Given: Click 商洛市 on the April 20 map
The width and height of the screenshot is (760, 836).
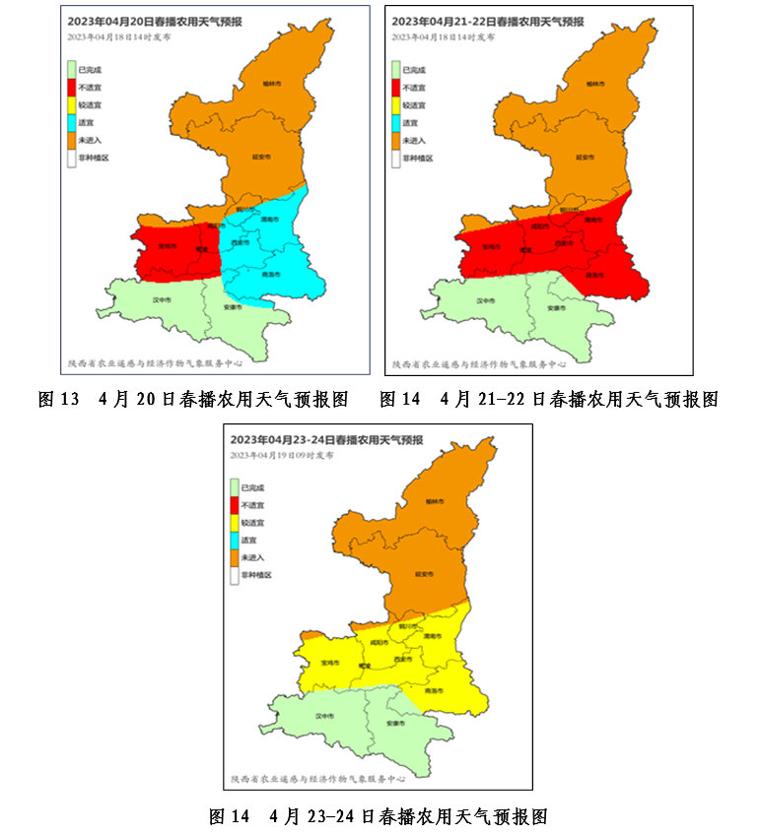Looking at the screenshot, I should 273,275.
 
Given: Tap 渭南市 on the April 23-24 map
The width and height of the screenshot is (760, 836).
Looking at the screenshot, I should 430,637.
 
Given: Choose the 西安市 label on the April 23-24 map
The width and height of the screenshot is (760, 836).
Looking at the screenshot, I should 403,658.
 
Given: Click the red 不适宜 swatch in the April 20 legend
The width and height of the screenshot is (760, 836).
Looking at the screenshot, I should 71,88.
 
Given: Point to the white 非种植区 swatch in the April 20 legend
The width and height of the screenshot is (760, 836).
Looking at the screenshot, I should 71,158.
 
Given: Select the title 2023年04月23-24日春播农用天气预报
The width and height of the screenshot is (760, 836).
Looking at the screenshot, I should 326,439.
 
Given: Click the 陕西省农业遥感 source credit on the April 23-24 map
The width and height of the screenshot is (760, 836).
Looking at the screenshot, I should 317,778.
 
